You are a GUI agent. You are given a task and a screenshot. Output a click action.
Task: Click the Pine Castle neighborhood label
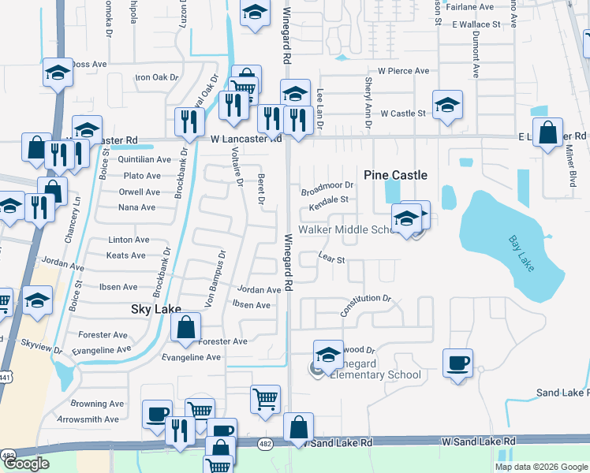tap(395, 175)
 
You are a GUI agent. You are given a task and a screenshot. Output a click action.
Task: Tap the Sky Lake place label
tap(155, 310)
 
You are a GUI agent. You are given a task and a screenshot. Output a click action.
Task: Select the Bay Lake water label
tap(521, 253)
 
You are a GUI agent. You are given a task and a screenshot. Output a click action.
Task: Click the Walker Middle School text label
tap(346, 229)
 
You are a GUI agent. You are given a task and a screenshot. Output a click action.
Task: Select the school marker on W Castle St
tap(447, 106)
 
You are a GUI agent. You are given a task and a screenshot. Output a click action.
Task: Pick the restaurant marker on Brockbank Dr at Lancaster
tap(189, 122)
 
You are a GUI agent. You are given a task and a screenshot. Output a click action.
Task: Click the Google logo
tap(26, 464)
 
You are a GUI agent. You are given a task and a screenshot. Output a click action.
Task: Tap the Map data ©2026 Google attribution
tap(540, 467)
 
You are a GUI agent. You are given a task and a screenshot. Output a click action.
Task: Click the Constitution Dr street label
tap(366, 304)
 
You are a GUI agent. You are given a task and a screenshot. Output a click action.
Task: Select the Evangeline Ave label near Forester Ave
tap(192, 357)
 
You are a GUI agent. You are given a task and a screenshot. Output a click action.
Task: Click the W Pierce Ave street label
tap(403, 71)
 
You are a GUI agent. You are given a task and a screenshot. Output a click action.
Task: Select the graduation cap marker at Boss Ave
tap(58, 73)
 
